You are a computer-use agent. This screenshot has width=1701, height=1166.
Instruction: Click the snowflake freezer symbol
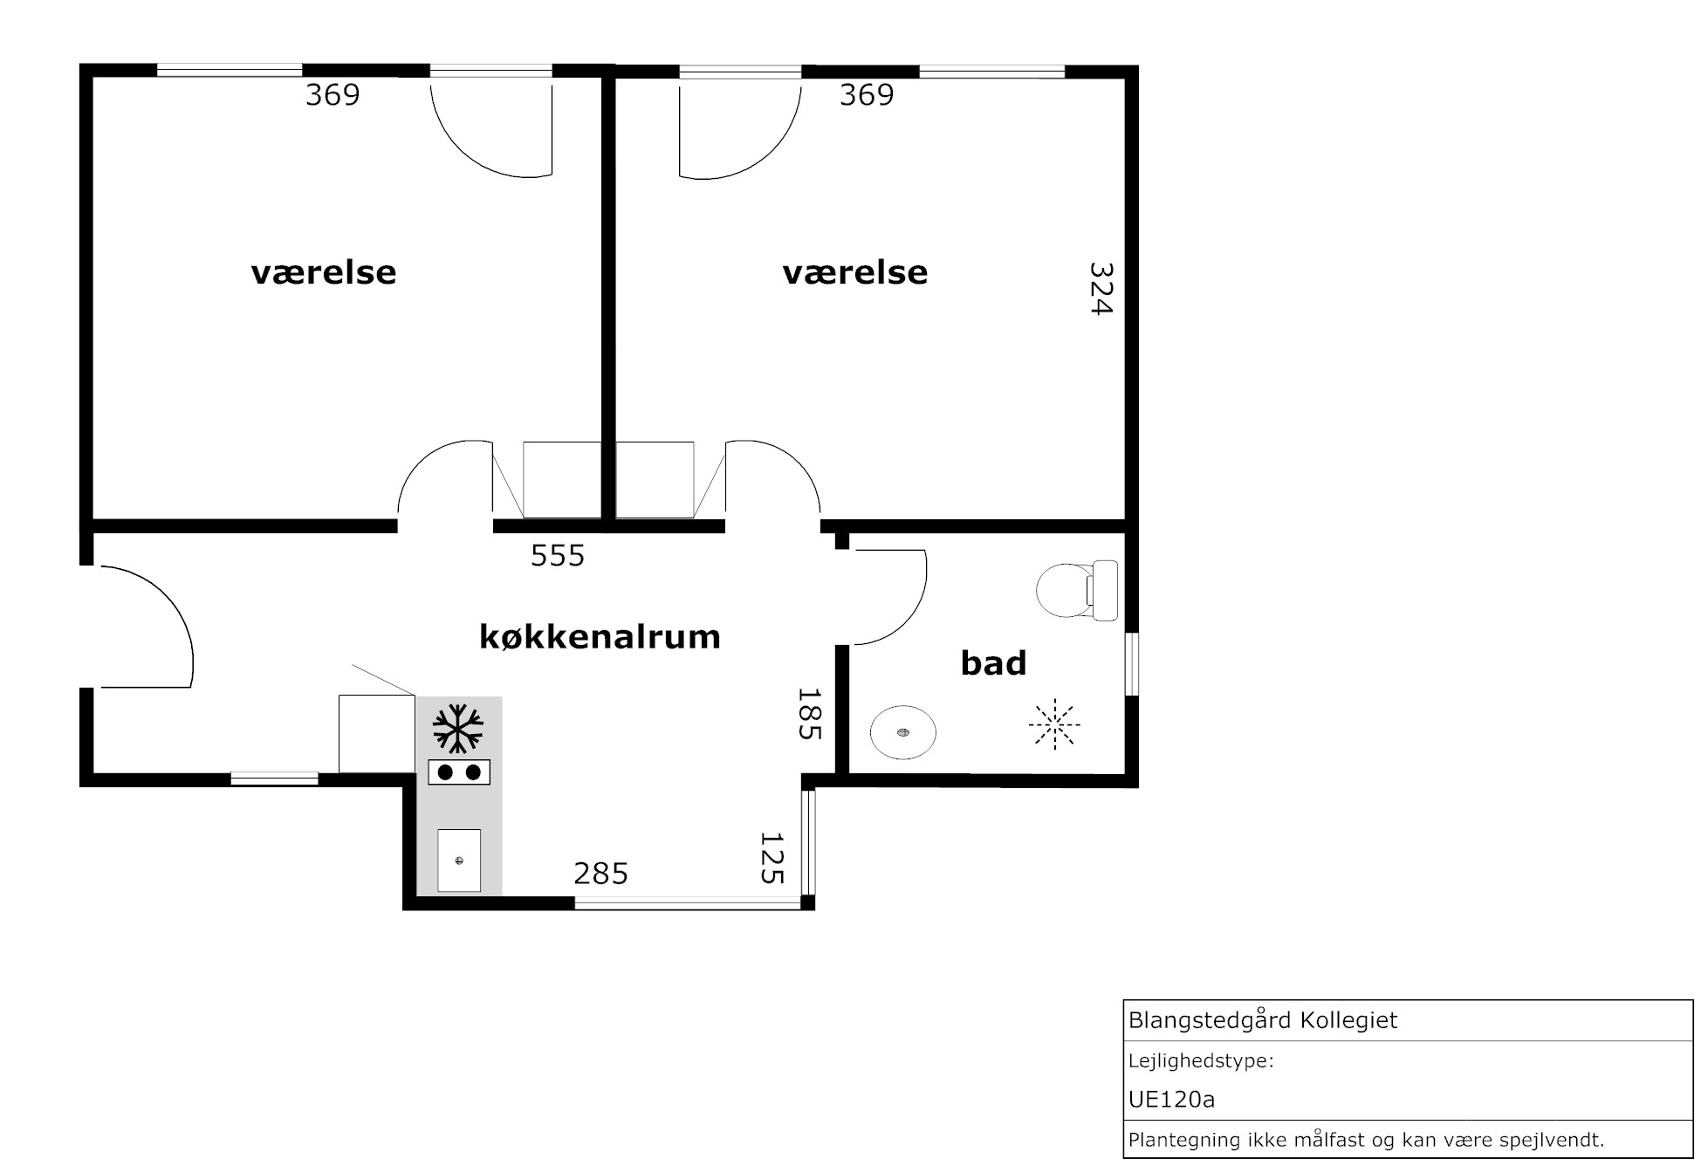[457, 728]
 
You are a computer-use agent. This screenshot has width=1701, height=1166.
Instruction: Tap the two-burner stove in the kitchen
[459, 772]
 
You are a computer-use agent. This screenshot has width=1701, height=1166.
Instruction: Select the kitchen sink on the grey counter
[459, 860]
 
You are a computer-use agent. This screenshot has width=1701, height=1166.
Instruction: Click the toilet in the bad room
[1077, 591]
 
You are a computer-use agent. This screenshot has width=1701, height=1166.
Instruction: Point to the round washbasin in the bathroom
[903, 732]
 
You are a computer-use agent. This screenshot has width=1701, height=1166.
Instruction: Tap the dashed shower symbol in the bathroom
[1054, 724]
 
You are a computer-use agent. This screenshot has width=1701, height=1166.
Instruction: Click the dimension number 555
[558, 555]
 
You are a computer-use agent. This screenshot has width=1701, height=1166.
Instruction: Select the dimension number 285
[600, 873]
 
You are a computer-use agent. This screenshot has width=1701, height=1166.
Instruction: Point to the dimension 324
[1101, 289]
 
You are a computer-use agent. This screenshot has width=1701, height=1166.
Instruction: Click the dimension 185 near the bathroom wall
[810, 714]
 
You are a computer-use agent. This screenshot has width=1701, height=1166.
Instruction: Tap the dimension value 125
[772, 858]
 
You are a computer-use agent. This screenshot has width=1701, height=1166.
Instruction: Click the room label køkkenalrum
[600, 637]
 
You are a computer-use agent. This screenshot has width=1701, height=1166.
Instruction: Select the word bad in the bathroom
[993, 663]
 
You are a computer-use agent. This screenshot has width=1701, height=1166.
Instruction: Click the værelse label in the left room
[324, 272]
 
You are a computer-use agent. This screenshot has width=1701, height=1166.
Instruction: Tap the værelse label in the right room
[855, 272]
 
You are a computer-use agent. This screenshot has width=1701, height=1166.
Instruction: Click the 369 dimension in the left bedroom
[333, 94]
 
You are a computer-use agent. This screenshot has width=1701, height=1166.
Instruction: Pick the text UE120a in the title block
[1171, 1100]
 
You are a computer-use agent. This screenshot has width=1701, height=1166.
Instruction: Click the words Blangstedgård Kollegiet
[1263, 1020]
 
